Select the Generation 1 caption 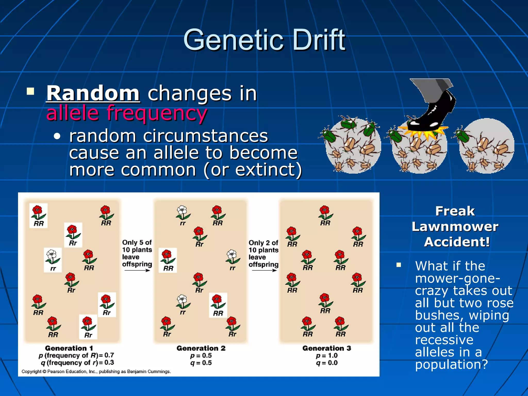click(69, 348)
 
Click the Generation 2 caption click(201, 348)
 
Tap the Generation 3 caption click(327, 348)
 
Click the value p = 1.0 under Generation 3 click(327, 356)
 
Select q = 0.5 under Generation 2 click(201, 363)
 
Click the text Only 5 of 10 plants click(137, 246)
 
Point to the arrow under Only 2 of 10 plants click(264, 270)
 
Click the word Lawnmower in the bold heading click(455, 227)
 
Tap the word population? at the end click(451, 364)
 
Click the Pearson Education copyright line click(96, 372)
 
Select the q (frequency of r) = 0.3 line click(77, 363)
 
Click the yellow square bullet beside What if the click(399, 265)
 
